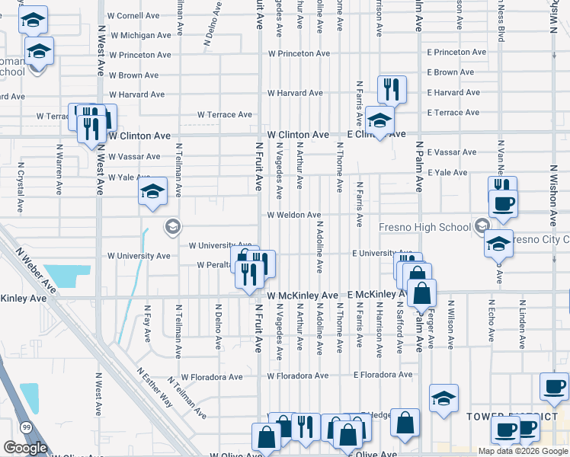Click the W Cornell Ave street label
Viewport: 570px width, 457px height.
pos(133,15)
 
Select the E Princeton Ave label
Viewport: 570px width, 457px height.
pos(456,53)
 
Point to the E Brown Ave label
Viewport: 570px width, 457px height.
pos(453,72)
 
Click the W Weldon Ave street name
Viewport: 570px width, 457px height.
pos(299,216)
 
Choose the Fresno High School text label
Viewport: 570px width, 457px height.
pos(424,227)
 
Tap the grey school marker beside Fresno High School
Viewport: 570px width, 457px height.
pos(482,225)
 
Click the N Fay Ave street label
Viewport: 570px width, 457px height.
pos(148,324)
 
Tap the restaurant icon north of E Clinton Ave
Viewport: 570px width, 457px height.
pos(392,90)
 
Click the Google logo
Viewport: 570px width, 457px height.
pos(25,448)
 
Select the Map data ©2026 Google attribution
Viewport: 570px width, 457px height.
pos(522,451)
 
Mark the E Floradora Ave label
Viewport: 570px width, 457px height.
pos(382,375)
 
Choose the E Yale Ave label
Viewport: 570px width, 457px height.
pos(447,173)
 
